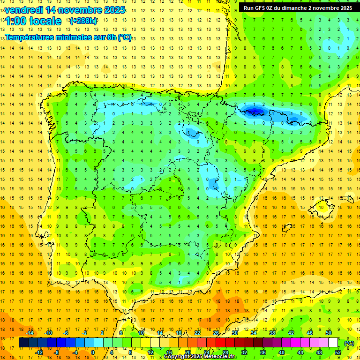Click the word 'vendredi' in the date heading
[x=24, y=10]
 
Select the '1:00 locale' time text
[x=33, y=21]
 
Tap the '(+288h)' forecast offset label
[x=83, y=21]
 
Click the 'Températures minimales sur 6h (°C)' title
[x=68, y=37]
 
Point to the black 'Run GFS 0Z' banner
[x=298, y=8]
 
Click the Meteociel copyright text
[x=200, y=357]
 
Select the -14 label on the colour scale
[x=30, y=333]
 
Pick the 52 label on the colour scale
[x=338, y=352]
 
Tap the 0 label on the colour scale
[x=93, y=352]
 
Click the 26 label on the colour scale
[x=216, y=333]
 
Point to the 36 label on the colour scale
[x=262, y=352]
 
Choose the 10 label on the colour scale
[x=141, y=333]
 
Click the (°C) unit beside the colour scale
[x=349, y=343]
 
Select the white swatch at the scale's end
[x=333, y=343]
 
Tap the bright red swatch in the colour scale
[x=221, y=343]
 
